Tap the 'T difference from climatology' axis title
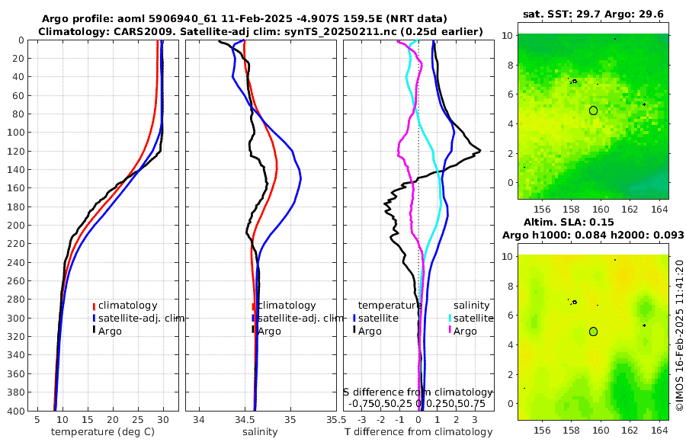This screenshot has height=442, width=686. [418, 432]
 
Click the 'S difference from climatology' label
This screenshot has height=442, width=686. [418, 392]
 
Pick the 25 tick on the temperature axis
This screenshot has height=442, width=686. [138, 420]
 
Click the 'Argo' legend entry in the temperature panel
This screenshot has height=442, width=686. [111, 331]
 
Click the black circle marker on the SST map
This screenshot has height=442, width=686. [593, 110]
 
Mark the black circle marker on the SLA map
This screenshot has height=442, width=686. [593, 331]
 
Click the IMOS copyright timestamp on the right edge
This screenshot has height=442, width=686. [678, 336]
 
